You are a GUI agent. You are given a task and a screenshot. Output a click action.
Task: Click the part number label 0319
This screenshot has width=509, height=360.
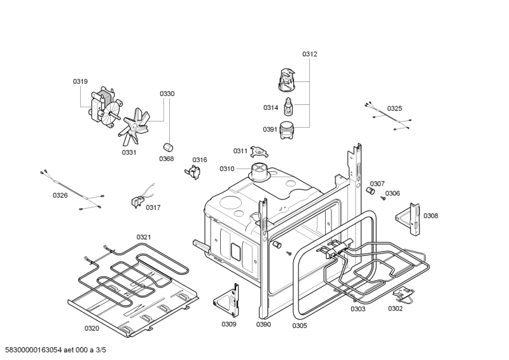click(80, 81)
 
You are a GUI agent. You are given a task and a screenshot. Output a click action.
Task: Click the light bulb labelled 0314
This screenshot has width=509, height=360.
click(289, 107)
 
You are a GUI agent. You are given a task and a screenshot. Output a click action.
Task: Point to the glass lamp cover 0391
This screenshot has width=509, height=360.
click(289, 131)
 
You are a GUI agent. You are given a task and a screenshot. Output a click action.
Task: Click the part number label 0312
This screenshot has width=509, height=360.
click(309, 54)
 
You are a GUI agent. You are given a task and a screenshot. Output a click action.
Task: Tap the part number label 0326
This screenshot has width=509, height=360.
click(60, 195)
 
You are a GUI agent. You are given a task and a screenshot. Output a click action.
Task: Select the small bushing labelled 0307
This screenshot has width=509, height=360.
click(369, 191)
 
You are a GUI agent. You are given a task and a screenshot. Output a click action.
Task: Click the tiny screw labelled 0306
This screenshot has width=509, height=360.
click(384, 198)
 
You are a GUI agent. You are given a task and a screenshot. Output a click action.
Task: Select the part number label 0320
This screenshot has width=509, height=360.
click(92, 328)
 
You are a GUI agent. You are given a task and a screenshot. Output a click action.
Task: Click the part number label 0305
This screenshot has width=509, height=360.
click(300, 326)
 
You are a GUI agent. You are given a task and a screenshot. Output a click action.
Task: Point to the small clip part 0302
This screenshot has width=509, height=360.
click(401, 294)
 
